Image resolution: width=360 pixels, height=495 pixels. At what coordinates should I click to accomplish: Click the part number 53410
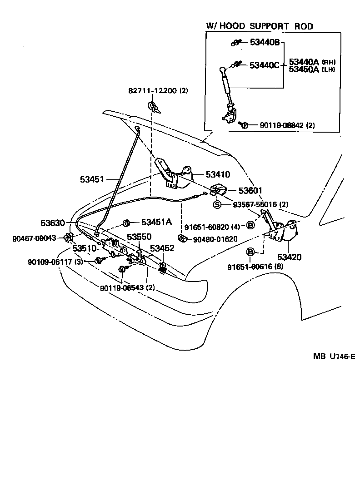(x=218, y=174)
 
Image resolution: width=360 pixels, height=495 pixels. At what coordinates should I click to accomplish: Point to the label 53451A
(x=156, y=222)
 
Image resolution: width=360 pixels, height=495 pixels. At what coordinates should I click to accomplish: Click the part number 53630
(x=53, y=223)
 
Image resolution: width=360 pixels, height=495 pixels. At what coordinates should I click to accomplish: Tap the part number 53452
(x=162, y=248)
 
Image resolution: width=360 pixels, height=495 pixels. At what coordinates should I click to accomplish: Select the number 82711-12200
(x=152, y=90)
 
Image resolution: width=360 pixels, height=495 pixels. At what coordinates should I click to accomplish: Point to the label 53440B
(x=265, y=43)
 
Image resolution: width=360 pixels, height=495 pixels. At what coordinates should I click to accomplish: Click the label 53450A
(x=304, y=69)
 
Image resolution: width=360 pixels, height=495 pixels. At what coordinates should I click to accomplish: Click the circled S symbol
(x=218, y=204)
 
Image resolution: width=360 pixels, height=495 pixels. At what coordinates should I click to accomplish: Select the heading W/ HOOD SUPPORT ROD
(x=260, y=26)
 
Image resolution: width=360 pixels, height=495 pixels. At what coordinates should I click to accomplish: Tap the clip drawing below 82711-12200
(x=154, y=108)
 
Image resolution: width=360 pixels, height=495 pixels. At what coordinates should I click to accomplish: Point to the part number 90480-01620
(x=208, y=239)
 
